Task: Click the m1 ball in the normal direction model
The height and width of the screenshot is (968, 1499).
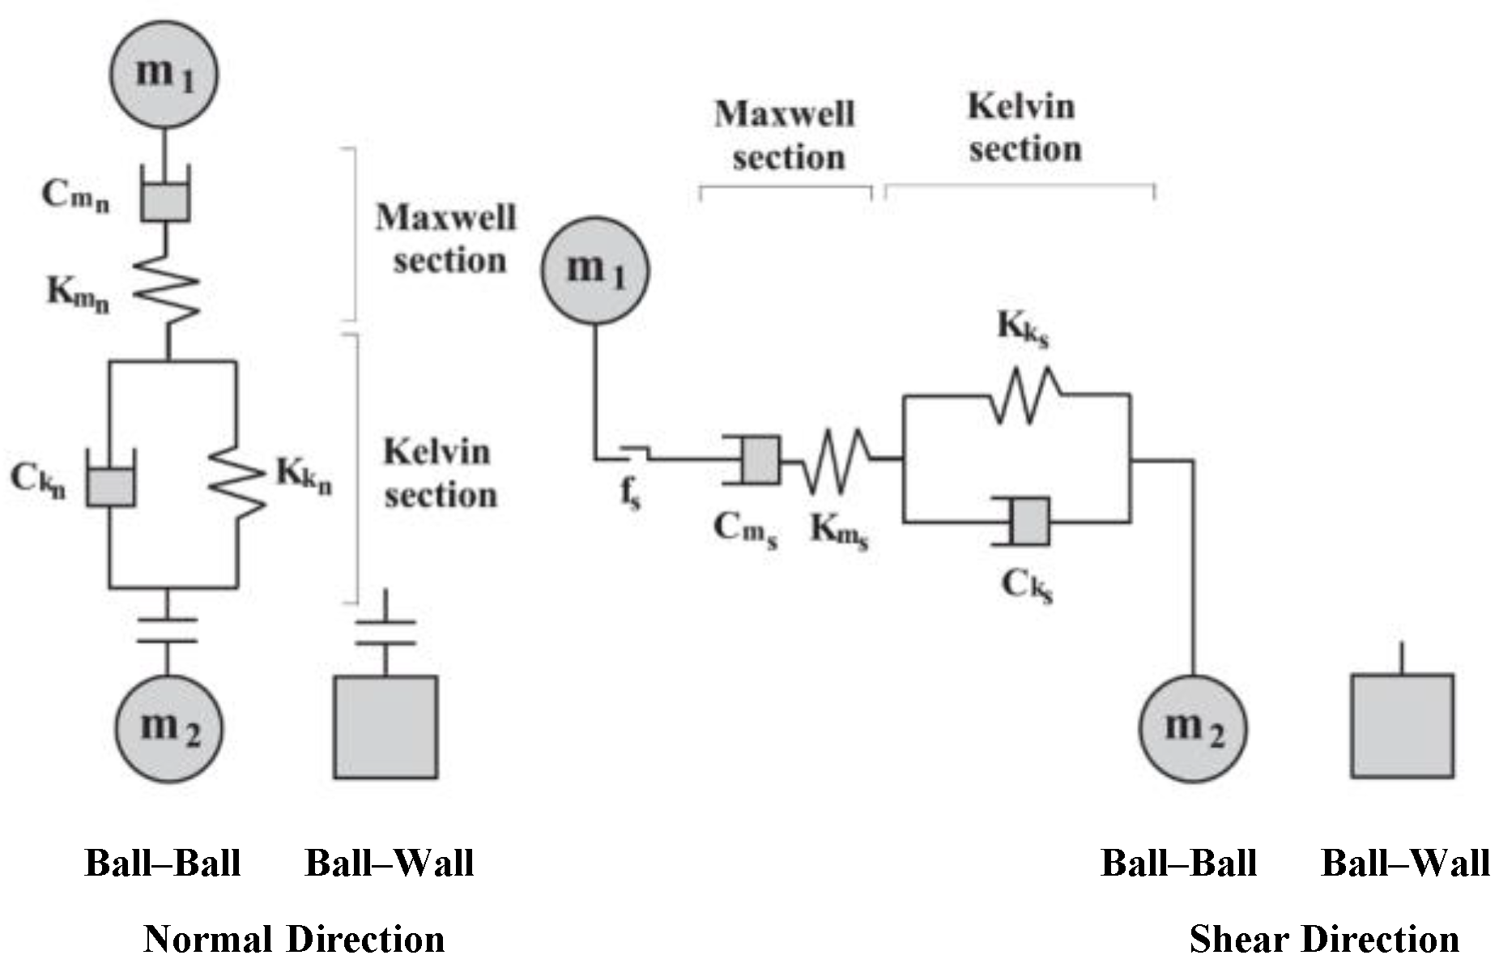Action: tap(164, 74)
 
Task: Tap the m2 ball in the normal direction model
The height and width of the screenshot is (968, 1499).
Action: tap(168, 728)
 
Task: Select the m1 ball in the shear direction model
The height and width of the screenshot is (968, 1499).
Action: tap(595, 270)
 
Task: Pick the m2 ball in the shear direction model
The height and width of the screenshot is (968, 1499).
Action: tap(1193, 728)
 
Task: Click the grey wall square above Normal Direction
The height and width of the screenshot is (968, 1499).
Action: tap(386, 727)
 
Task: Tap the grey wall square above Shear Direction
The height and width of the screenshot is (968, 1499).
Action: tap(1402, 726)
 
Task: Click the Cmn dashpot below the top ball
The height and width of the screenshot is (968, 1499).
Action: tap(165, 200)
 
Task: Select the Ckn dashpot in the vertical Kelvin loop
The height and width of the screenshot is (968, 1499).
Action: tap(111, 485)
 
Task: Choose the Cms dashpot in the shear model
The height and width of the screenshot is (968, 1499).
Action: tap(760, 459)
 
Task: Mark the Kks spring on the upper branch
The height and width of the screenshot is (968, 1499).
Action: tap(1024, 394)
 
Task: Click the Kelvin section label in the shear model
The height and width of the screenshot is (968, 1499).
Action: tap(1024, 128)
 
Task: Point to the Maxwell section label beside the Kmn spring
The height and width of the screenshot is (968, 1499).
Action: tap(446, 240)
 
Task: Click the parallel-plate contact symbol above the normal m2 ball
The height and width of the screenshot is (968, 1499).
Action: tap(167, 630)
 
